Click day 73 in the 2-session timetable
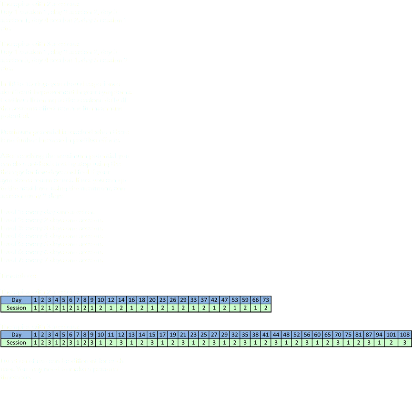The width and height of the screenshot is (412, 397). pos(266,300)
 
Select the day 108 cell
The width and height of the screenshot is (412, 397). pos(405,335)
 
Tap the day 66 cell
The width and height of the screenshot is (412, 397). pos(256,300)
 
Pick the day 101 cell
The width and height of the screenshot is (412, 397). pos(392,335)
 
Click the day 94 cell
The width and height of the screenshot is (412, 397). pos(379,335)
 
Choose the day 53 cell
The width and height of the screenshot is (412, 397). pos(235,300)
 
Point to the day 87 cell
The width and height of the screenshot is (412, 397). pos(369,335)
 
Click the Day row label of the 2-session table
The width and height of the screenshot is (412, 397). pos(16,300)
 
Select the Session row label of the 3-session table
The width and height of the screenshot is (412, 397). pos(16,343)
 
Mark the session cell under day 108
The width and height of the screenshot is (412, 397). pos(405,343)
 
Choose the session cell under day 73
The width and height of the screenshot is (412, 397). pos(266,308)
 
